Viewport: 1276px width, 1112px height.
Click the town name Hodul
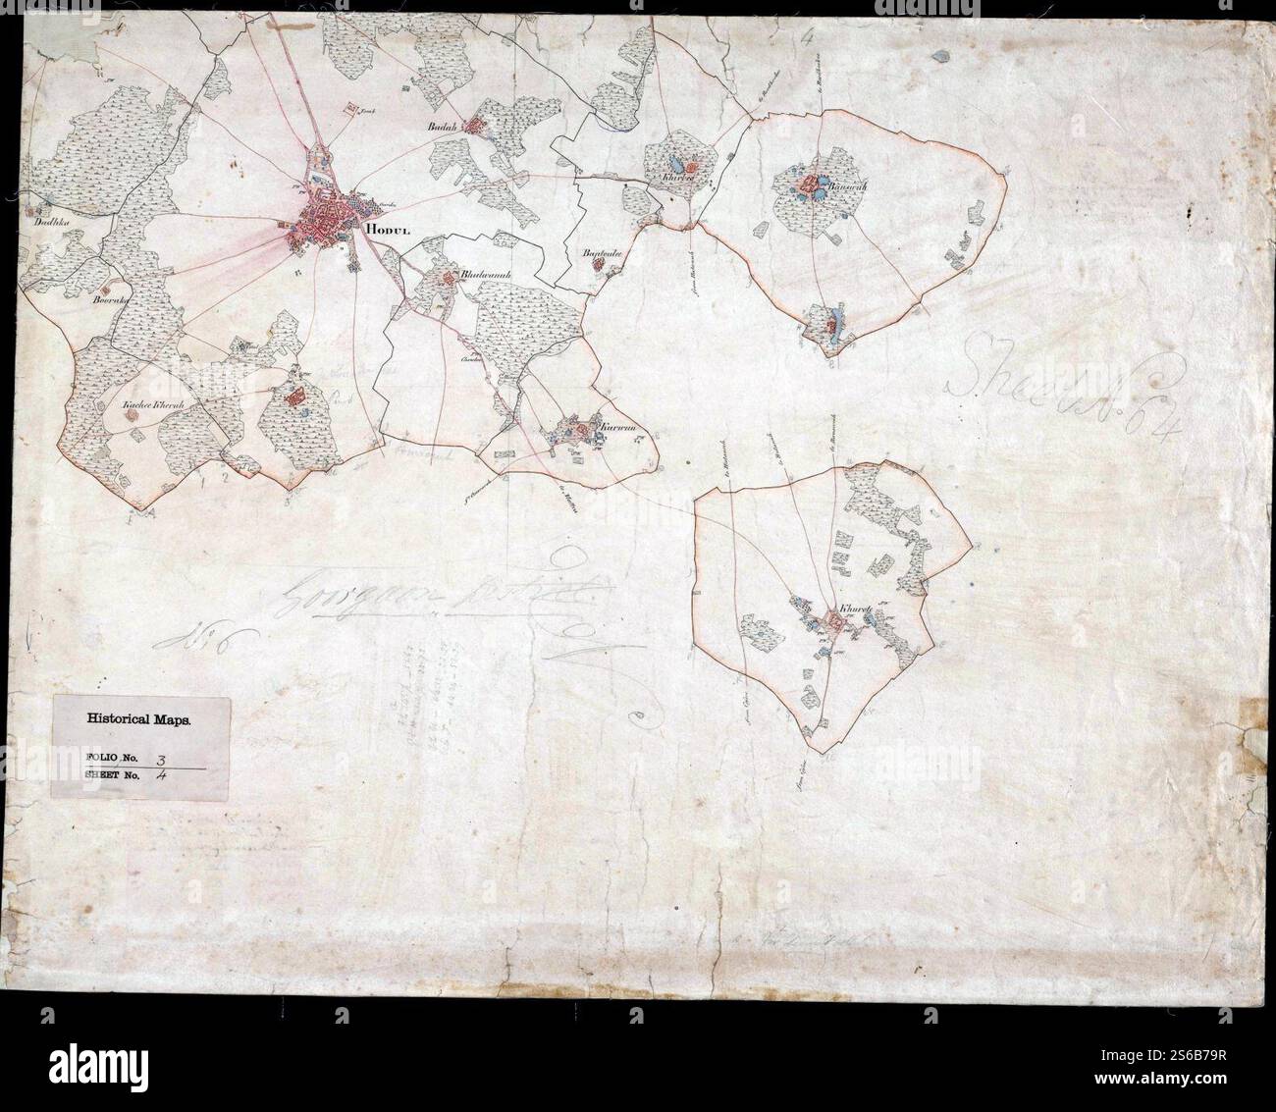click(386, 231)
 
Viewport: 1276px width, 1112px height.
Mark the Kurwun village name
click(616, 428)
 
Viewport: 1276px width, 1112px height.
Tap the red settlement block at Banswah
click(811, 184)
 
